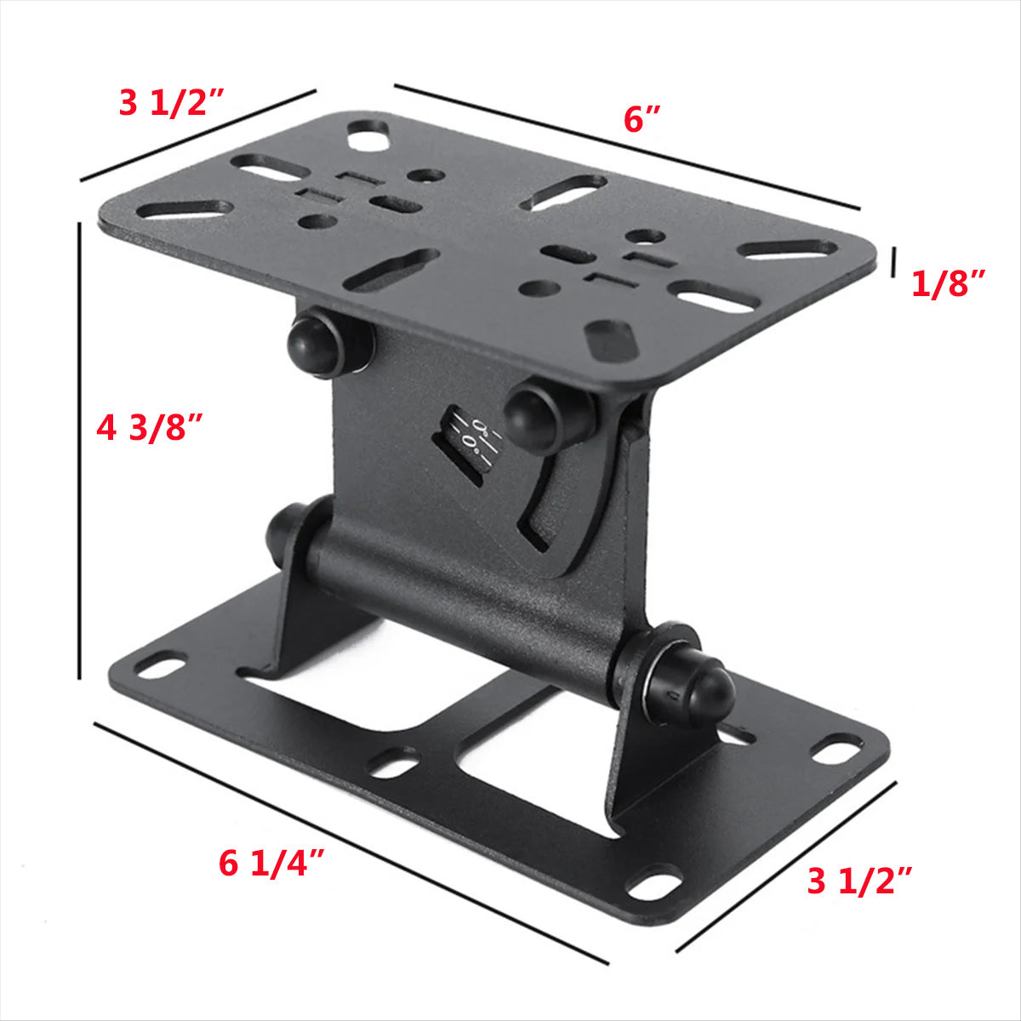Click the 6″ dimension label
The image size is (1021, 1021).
tap(642, 120)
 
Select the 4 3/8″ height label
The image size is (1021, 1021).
tap(150, 427)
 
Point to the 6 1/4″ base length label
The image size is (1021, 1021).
tap(272, 864)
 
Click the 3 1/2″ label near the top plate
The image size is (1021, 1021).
tap(170, 104)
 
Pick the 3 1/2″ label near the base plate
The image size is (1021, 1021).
tap(859, 882)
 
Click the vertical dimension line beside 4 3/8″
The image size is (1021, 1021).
tap(79, 451)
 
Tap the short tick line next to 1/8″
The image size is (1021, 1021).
tap(893, 262)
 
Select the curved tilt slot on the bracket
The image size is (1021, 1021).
tap(545, 502)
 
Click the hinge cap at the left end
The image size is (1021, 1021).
tap(285, 532)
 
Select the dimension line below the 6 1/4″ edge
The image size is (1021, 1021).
tap(349, 842)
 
